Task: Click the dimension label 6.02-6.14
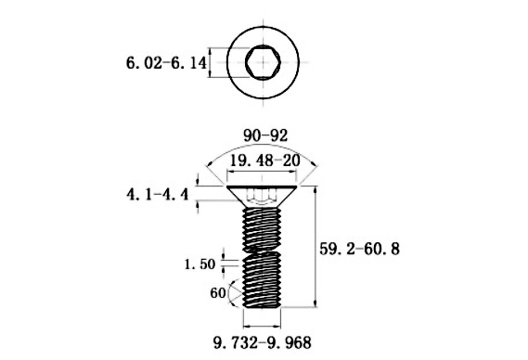pyautogui.click(x=164, y=65)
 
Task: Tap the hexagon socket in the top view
pyautogui.click(x=264, y=64)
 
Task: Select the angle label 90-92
pyautogui.click(x=265, y=136)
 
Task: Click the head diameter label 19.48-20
pyautogui.click(x=265, y=161)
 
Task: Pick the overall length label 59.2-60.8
pyautogui.click(x=372, y=249)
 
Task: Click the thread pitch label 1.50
pyautogui.click(x=200, y=264)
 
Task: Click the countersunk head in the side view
pyautogui.click(x=264, y=195)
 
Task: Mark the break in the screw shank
pyautogui.click(x=264, y=251)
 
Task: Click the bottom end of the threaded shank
pyautogui.click(x=264, y=304)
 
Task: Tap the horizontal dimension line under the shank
pyautogui.click(x=264, y=326)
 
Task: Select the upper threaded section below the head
pyautogui.click(x=264, y=227)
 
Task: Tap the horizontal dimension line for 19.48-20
pyautogui.click(x=264, y=174)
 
